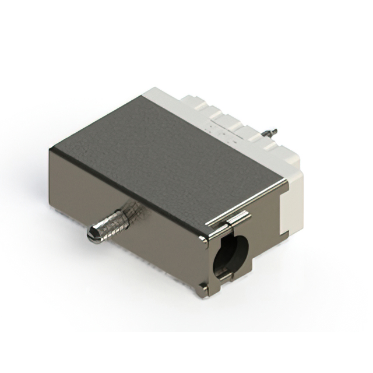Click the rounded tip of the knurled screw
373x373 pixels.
pos(93,235)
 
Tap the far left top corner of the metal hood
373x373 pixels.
pos(51,150)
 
